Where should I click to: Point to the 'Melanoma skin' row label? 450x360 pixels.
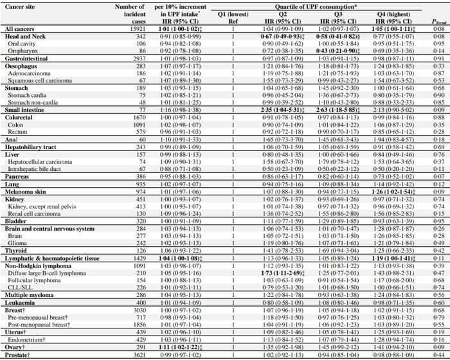[x=25, y=192]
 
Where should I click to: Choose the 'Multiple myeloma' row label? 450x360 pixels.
[x=28, y=311]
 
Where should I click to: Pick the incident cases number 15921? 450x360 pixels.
[x=126, y=30]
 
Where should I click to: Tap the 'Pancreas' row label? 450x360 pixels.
[x=18, y=175]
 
